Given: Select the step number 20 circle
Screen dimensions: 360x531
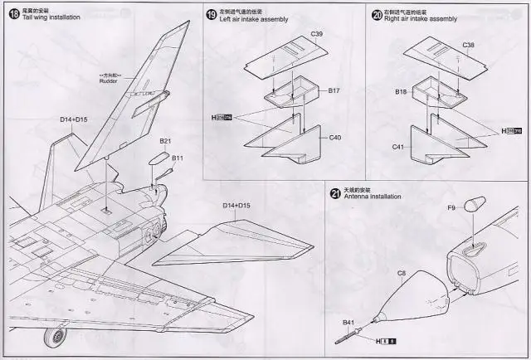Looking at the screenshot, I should click(378, 14).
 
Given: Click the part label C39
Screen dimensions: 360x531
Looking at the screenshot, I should click(317, 34).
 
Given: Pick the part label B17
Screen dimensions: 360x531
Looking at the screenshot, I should click(334, 89).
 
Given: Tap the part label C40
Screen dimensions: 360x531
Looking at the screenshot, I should click(336, 137).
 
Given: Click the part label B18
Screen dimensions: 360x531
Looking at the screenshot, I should click(401, 91).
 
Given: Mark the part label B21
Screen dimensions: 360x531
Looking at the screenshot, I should click(166, 141).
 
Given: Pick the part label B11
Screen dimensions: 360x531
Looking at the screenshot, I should click(178, 158).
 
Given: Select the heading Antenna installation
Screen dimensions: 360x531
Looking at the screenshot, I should click(371, 197).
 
